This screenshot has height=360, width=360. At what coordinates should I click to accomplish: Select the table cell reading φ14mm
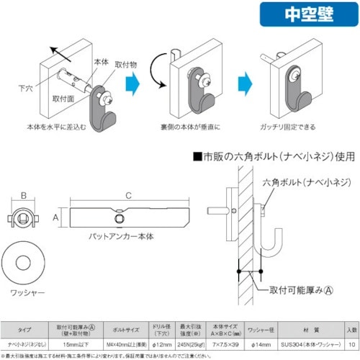tap(258, 343)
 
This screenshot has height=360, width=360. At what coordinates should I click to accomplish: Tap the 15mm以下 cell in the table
tap(76, 343)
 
